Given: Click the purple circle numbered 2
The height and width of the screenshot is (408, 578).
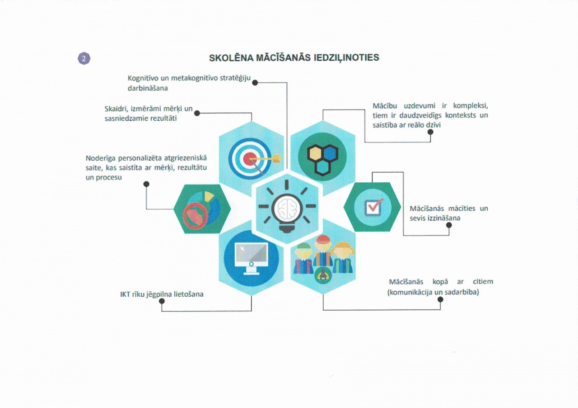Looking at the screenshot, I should point(84,58).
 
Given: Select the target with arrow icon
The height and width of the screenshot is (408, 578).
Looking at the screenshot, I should point(251,159).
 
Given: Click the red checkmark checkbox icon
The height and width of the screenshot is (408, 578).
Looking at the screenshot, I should point(373,207).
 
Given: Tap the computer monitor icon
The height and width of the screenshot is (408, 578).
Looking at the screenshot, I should point(251,258).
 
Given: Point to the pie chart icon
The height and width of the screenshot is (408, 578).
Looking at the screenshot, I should point(202,209).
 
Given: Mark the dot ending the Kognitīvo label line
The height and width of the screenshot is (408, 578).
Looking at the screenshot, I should point(255,83).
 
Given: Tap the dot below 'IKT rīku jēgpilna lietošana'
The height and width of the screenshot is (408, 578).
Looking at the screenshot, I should point(162,301).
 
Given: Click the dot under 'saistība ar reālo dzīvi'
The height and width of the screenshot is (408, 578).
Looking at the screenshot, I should point(430,132).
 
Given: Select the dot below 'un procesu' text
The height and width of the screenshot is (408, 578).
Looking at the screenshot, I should point(146,184).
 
